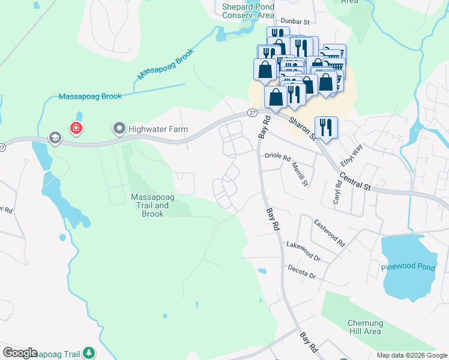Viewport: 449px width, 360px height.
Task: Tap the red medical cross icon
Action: [x=76, y=128]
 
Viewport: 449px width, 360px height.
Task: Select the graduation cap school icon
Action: [x=55, y=139]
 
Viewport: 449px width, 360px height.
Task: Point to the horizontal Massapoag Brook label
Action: [x=90, y=96]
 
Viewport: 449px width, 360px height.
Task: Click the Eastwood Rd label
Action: [x=329, y=233]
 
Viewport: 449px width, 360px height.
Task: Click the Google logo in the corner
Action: [x=20, y=353]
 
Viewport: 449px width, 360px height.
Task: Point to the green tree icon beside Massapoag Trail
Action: [x=89, y=352]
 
